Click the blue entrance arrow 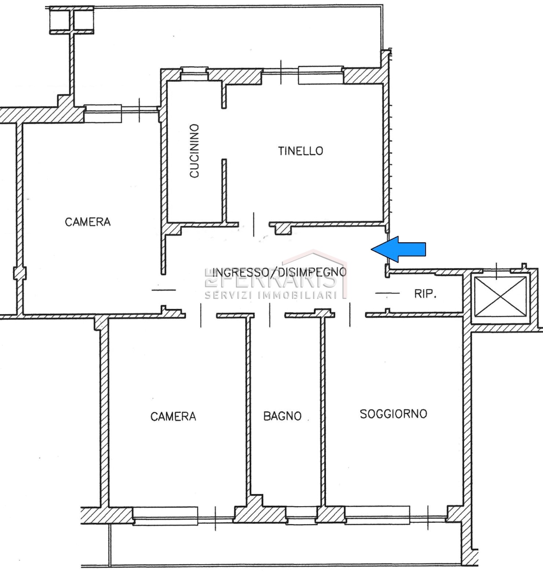(398, 249)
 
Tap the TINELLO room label (300, 151)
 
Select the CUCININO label (194, 151)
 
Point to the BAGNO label (283, 416)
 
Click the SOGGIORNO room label (393, 414)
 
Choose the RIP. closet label (425, 294)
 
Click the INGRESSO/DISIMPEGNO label (280, 272)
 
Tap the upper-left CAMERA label (88, 222)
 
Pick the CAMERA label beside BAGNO (173, 416)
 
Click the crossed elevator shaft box (500, 296)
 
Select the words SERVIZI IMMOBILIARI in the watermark (271, 295)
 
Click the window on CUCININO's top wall (194, 73)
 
